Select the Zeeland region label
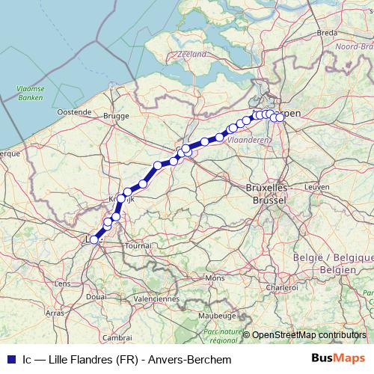coord(192,54)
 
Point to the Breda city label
coord(328,33)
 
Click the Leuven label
coord(317,186)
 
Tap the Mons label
coord(215,278)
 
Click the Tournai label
coord(138,245)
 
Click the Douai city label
coord(96,297)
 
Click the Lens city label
coord(63,283)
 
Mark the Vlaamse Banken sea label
coord(29,93)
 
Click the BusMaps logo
coord(337,359)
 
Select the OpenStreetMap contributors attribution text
coord(309,334)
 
